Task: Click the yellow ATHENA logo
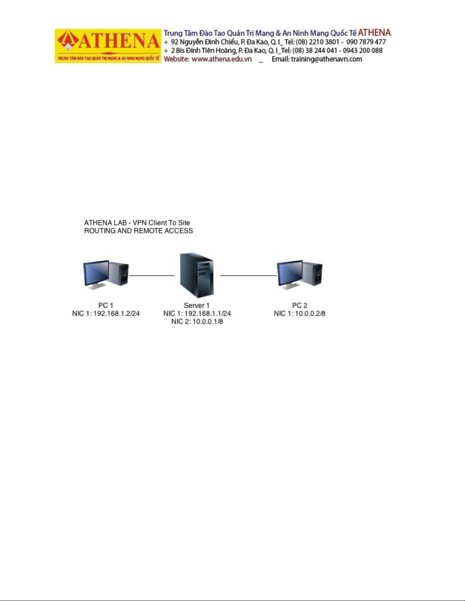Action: coord(108,46)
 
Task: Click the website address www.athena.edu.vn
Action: coord(222,59)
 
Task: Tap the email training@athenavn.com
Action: coord(326,59)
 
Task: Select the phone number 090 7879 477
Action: coord(366,42)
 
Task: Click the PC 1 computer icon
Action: coord(106,275)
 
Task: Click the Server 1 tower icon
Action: coord(197,275)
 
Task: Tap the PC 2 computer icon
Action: coord(299,275)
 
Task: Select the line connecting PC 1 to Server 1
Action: coord(151,276)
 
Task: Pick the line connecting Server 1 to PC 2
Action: coord(249,276)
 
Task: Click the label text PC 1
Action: coord(106,305)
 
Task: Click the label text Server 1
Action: coord(197,305)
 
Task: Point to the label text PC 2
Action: coord(299,305)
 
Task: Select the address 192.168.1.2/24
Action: coord(117,314)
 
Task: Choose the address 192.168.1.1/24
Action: coord(208,314)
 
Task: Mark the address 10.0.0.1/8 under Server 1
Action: coord(208,322)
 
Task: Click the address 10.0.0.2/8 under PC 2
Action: coord(310,314)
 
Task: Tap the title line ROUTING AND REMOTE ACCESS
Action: coord(139,231)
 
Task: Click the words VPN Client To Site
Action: coord(161,223)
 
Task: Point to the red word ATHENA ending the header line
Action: coord(374,33)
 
